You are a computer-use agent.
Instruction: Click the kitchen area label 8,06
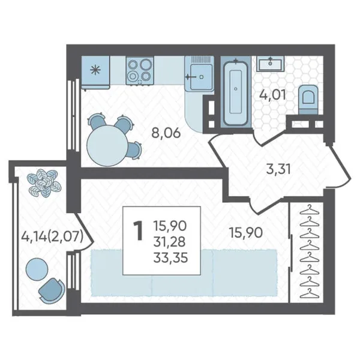(166, 133)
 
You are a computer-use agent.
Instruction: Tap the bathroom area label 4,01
(272, 95)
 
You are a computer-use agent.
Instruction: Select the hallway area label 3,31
(278, 169)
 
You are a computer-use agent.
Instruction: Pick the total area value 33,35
(170, 257)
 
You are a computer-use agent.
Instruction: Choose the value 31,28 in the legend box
(169, 242)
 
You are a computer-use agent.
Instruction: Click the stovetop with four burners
(140, 71)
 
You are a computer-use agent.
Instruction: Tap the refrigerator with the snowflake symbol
(95, 73)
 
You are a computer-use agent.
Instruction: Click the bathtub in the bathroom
(236, 92)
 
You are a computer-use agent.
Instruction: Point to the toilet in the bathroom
(308, 99)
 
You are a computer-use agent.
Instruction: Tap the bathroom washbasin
(270, 64)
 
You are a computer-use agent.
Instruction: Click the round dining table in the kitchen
(107, 145)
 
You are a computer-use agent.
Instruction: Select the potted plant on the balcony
(44, 183)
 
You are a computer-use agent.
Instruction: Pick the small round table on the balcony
(37, 269)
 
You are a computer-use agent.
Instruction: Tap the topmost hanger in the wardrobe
(310, 209)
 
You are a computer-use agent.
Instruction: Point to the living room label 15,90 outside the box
(246, 233)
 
